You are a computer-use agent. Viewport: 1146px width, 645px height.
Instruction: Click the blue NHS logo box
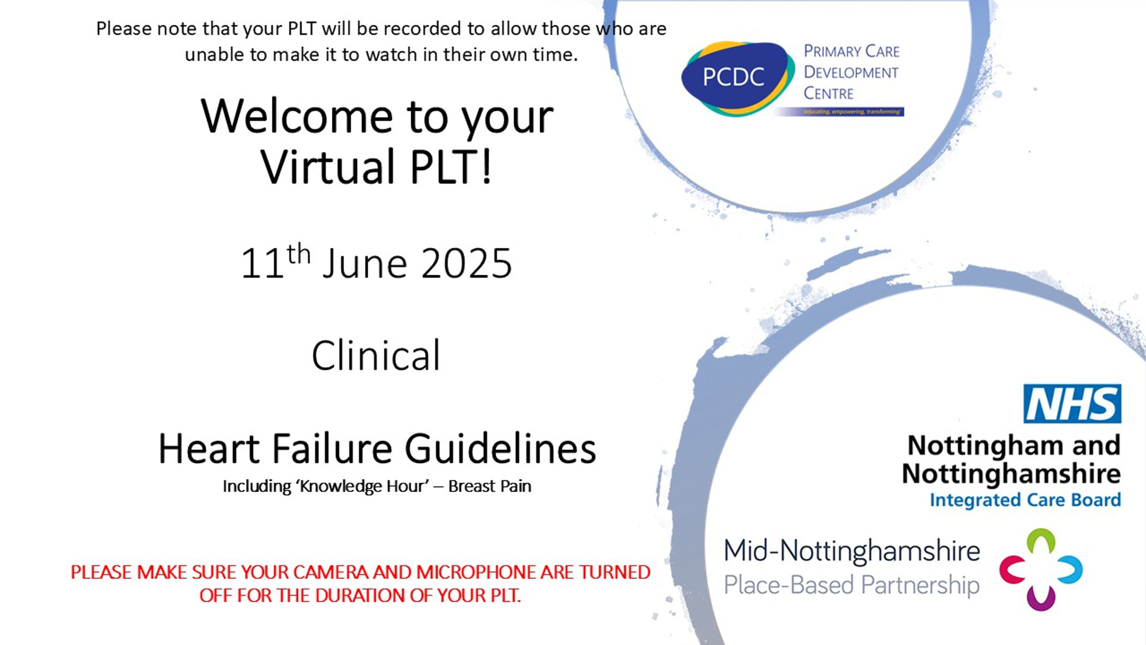pyautogui.click(x=1072, y=404)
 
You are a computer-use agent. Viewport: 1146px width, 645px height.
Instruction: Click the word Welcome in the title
pyautogui.click(x=296, y=117)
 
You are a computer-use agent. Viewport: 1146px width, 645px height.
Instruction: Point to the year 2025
pyautogui.click(x=466, y=264)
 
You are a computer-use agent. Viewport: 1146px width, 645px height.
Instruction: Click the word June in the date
pyautogui.click(x=365, y=264)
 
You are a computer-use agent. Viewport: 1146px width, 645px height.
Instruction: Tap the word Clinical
pyautogui.click(x=376, y=356)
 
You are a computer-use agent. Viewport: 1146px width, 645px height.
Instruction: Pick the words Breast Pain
pyautogui.click(x=489, y=486)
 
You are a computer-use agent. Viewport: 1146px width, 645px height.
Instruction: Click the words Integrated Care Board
pyautogui.click(x=1025, y=500)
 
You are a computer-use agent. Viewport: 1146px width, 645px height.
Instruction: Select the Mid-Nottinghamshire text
pyautogui.click(x=851, y=551)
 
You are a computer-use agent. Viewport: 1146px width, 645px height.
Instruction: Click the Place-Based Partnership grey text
pyautogui.click(x=851, y=585)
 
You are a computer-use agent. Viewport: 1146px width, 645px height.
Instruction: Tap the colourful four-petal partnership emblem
pyautogui.click(x=1041, y=570)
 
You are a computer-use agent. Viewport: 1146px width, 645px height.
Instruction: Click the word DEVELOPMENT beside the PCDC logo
pyautogui.click(x=851, y=73)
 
